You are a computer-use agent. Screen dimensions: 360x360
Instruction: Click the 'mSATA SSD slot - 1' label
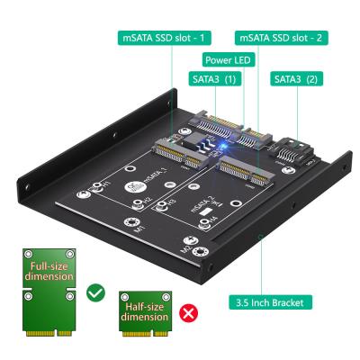coord(166,38)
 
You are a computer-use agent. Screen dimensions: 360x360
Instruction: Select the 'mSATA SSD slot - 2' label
coord(282,38)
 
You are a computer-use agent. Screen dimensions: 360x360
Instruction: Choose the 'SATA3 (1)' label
coord(213,80)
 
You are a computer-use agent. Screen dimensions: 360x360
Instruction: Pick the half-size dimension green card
coord(146,316)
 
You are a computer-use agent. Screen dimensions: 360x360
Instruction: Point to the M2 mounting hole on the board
coord(206,246)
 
